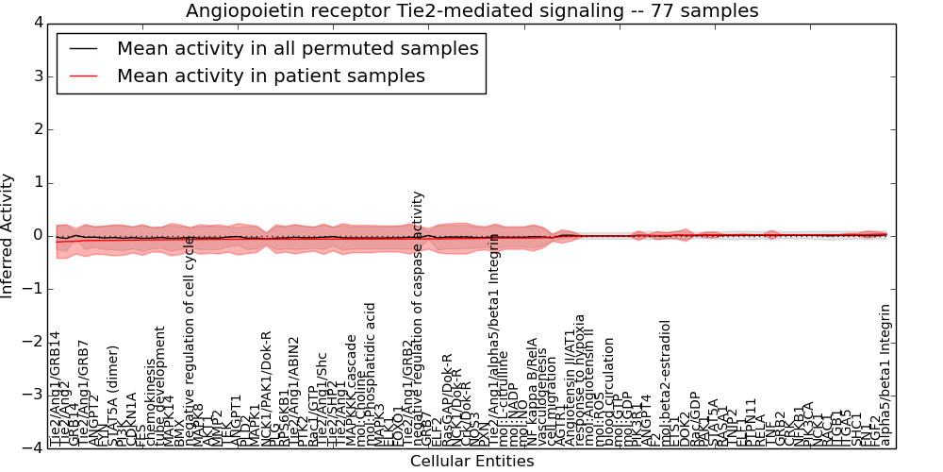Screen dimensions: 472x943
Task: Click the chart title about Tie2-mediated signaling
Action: click(471, 10)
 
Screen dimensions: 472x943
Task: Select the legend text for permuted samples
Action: click(297, 48)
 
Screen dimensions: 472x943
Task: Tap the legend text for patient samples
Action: click(271, 76)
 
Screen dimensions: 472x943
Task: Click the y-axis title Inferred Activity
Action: click(8, 236)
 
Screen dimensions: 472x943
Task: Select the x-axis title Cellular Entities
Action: click(471, 461)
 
